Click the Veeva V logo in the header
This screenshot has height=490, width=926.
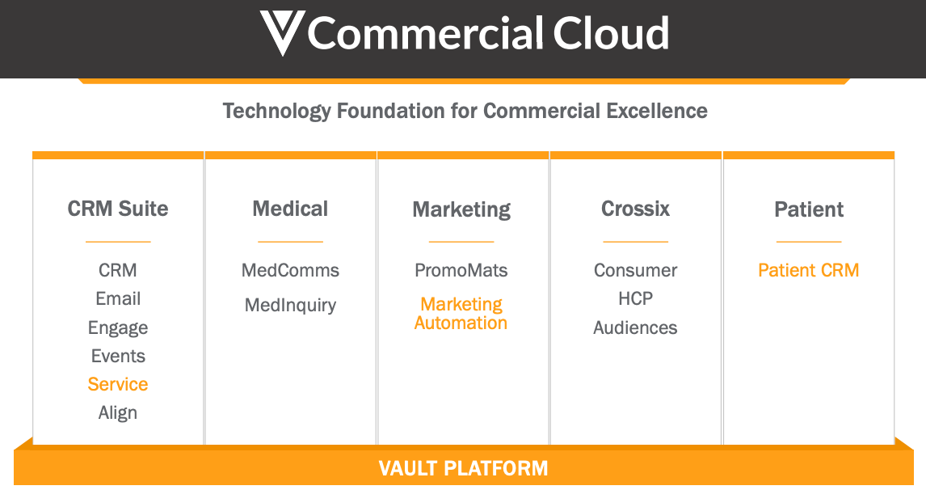pyautogui.click(x=281, y=32)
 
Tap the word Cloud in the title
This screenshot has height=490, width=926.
pyautogui.click(x=611, y=33)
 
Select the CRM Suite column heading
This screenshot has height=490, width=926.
pyautogui.click(x=118, y=209)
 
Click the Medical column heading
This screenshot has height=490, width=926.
pyautogui.click(x=290, y=209)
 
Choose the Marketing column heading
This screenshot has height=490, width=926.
pyautogui.click(x=461, y=209)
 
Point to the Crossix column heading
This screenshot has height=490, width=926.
pyautogui.click(x=635, y=209)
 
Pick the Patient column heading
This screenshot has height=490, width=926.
pyautogui.click(x=809, y=209)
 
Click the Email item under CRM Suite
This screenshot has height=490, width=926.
pyautogui.click(x=118, y=298)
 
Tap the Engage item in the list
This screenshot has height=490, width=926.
pyautogui.click(x=118, y=327)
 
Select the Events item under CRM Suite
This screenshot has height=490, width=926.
pyautogui.click(x=118, y=356)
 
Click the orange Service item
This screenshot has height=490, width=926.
pyautogui.click(x=118, y=384)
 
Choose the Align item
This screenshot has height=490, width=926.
pyautogui.click(x=118, y=412)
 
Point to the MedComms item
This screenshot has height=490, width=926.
pyautogui.click(x=290, y=270)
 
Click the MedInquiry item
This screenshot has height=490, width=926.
pyautogui.click(x=290, y=305)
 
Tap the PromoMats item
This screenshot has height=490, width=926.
pyautogui.click(x=461, y=270)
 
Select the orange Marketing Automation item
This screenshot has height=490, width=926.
pyautogui.click(x=461, y=314)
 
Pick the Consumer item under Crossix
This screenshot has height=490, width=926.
pyautogui.click(x=635, y=270)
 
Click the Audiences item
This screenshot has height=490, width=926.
pyautogui.click(x=635, y=327)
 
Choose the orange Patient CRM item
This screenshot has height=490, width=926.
pyautogui.click(x=808, y=270)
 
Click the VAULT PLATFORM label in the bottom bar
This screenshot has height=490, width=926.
pyautogui.click(x=463, y=467)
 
